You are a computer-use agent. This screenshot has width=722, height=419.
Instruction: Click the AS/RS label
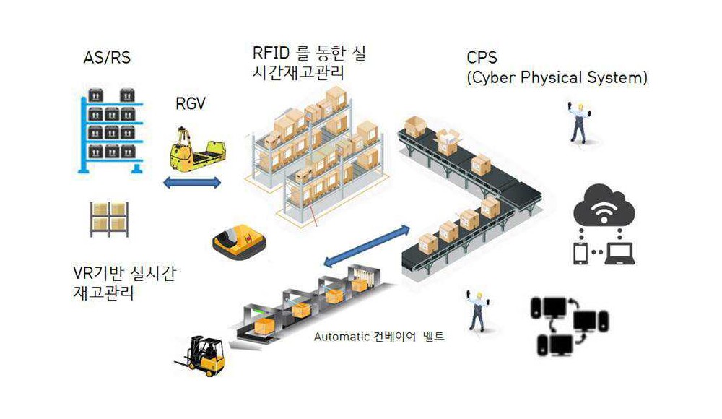point(107,58)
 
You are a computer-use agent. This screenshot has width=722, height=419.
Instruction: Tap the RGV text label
point(190,103)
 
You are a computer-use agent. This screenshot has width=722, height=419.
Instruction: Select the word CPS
point(482,58)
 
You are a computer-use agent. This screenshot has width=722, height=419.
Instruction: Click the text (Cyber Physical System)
point(557,77)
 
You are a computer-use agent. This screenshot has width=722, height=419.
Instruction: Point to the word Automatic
point(342,337)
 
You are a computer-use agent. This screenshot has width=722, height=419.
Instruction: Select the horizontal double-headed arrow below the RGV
point(192,183)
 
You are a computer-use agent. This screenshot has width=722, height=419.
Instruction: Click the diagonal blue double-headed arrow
point(367,246)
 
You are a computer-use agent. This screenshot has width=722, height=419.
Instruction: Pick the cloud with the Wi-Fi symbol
point(604,206)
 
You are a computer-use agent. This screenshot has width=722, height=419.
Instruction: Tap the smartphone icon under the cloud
point(580,254)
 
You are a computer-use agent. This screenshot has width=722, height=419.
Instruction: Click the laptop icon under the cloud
point(619,254)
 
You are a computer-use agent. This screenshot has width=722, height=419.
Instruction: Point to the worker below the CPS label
point(578,123)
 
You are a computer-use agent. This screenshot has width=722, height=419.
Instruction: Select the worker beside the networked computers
point(477,311)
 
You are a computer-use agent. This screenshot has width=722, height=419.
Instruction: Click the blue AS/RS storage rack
point(111,131)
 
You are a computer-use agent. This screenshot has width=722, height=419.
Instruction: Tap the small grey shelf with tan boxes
point(109,220)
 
